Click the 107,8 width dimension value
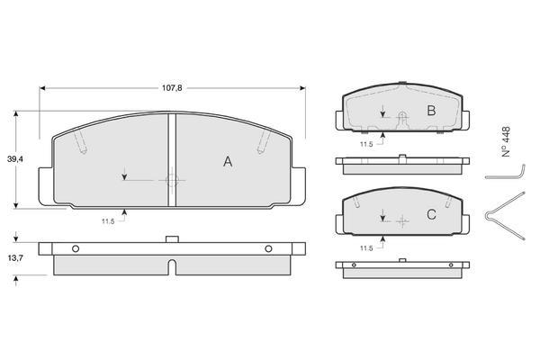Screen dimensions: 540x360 click(172, 88)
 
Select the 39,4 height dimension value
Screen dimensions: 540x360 click(15, 159)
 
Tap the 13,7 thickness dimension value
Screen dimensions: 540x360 click(15, 257)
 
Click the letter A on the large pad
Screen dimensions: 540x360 click(228, 161)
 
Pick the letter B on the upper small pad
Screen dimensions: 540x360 click(431, 111)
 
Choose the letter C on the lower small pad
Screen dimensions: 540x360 click(431, 214)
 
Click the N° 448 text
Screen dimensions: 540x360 click(506, 142)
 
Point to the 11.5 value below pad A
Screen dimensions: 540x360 click(108, 221)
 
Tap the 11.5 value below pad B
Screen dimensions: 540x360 click(366, 144)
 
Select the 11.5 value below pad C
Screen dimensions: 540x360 click(366, 248)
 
